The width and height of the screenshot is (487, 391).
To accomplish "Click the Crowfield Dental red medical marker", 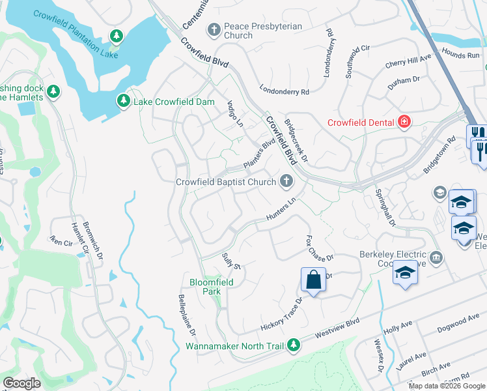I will [x=404, y=122].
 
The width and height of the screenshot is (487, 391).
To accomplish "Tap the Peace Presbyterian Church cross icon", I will [x=213, y=29].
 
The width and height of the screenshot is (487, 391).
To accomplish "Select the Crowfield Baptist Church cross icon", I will [x=285, y=182].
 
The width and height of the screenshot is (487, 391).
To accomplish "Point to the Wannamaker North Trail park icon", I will [x=294, y=344].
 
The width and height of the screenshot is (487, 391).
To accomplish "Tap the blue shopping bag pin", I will [x=313, y=280].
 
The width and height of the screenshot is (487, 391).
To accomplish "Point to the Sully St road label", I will [x=232, y=262].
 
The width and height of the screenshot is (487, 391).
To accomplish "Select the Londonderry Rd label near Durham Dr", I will [x=284, y=92].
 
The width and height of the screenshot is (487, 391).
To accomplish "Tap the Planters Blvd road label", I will [x=259, y=155].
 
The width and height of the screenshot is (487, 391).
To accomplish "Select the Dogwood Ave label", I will [x=458, y=324].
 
